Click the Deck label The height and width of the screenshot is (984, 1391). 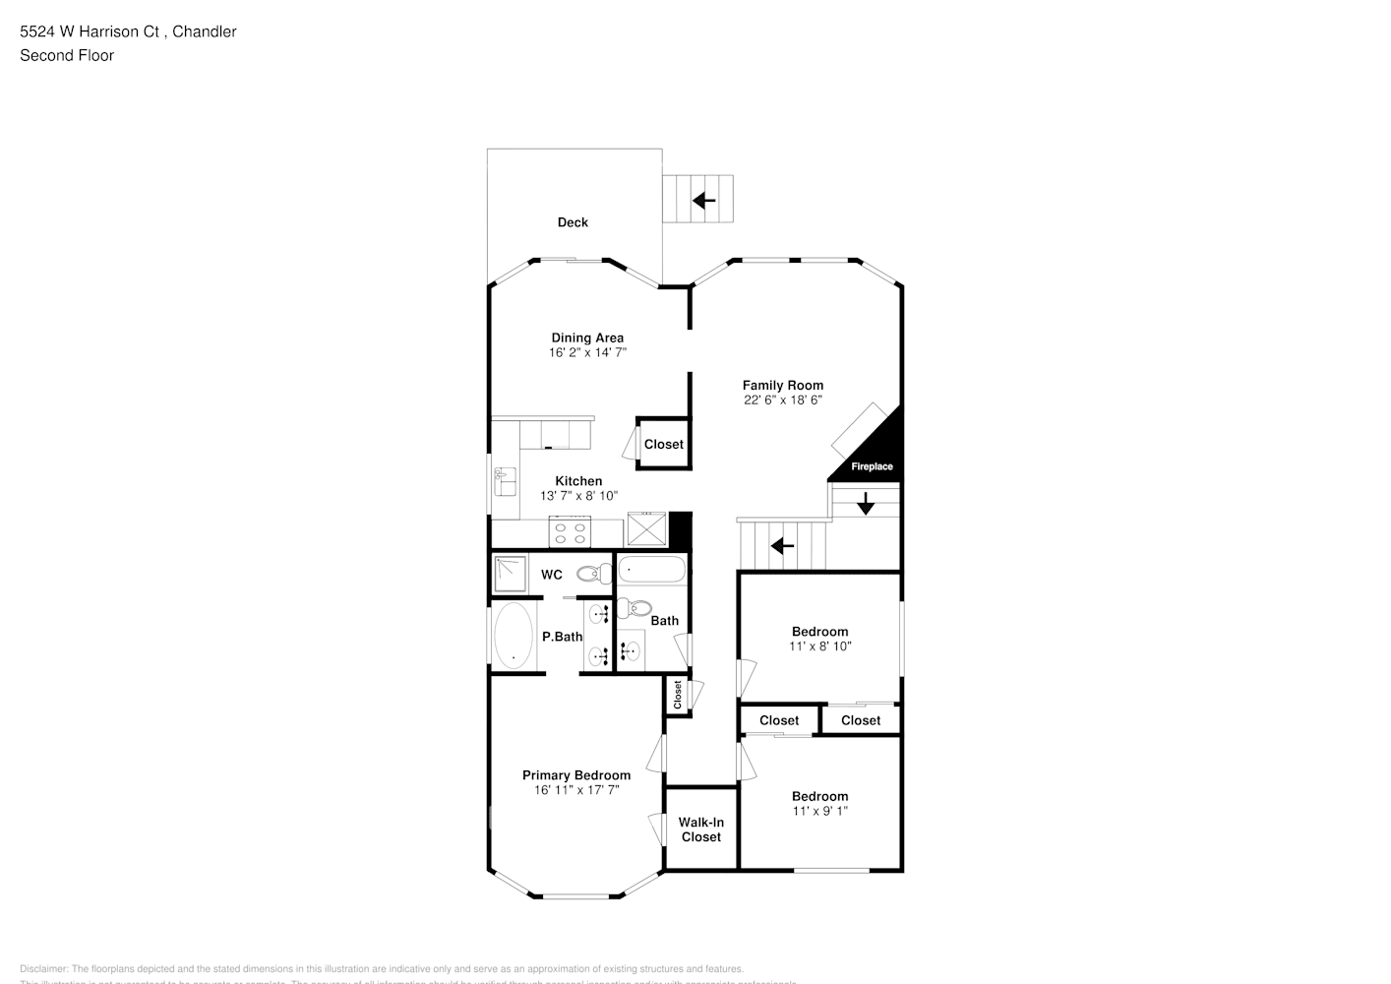coord(573,222)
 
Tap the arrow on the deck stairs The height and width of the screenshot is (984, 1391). coord(703,201)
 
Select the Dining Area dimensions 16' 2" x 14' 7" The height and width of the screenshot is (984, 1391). coord(587,352)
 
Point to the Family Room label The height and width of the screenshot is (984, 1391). coord(782,386)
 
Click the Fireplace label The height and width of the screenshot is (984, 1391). coord(872,466)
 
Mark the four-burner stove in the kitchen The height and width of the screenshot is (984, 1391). coord(570,533)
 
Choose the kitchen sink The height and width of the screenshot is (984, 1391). coord(506,481)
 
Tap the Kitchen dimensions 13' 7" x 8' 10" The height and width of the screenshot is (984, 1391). coord(578,496)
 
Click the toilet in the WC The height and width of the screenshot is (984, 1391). coord(594,574)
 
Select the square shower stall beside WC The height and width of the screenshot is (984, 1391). coord(511,574)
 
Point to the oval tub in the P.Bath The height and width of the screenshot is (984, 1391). coord(512,636)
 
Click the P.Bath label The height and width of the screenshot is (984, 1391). coord(562,637)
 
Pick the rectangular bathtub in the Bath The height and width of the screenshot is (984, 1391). coord(651,570)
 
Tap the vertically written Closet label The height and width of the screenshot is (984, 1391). coord(678,696)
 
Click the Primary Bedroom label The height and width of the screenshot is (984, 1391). coord(575,775)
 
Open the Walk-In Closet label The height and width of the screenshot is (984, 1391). coord(700,830)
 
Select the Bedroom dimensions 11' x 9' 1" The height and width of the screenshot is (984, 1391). coord(819,811)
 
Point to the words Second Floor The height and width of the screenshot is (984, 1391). coord(67,55)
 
